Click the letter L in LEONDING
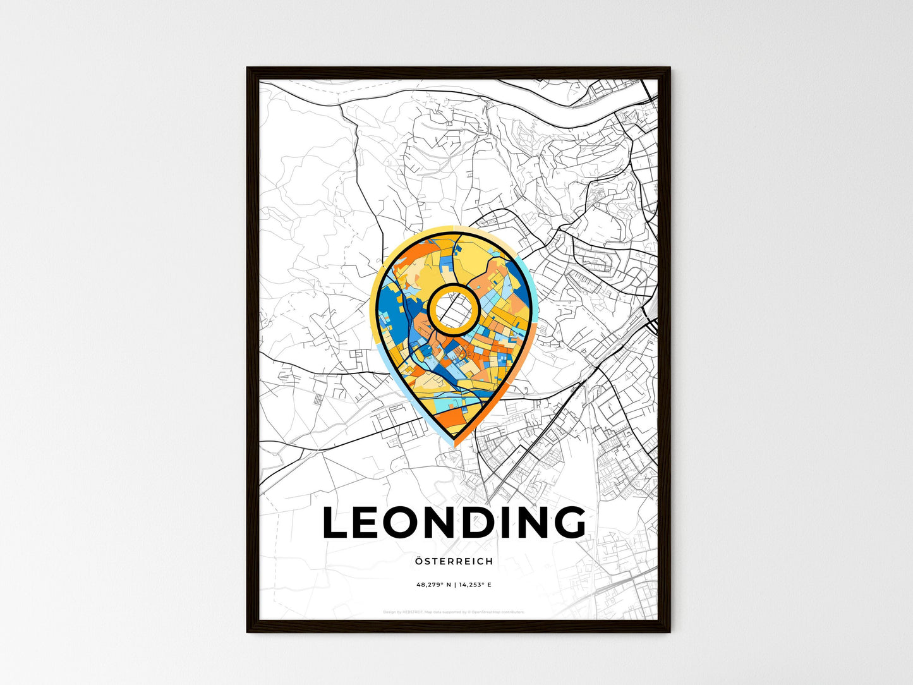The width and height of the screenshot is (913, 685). click(337, 523)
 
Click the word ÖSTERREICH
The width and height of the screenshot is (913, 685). click(454, 561)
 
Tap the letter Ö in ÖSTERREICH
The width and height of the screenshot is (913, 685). click(420, 561)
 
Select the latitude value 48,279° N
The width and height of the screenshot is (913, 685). click(433, 585)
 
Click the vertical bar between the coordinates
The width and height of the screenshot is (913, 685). click(454, 585)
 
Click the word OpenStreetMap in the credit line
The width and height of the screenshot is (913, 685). click(485, 612)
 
